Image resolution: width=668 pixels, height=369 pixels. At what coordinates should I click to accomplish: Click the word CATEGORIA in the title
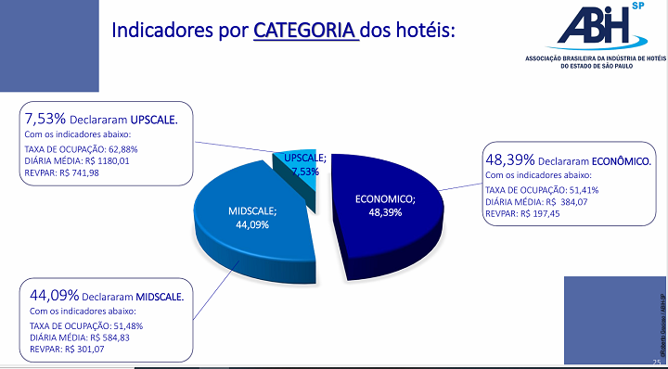pos(305,29)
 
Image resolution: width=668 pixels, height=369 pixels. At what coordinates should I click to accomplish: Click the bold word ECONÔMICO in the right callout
pos(621,161)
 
